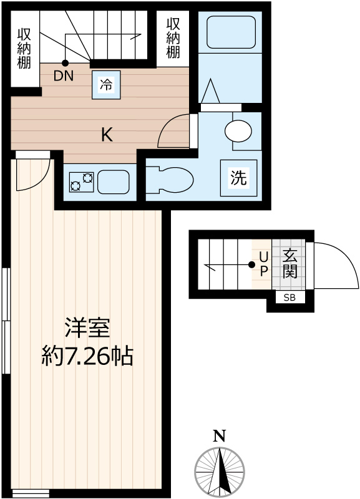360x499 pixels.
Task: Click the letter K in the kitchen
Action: pos(107,134)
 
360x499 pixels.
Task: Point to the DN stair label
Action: pos(63,77)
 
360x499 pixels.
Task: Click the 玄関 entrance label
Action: pos(289,264)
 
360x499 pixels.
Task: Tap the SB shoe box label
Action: pos(290,298)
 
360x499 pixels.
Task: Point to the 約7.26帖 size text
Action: pos(87,357)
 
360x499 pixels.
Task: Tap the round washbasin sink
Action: pos(238,132)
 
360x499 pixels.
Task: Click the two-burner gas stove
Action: pos(82,182)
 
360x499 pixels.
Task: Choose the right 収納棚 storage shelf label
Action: pos(173,38)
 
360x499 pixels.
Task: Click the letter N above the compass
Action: pos(219,436)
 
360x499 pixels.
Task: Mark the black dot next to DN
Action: pos(66,63)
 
